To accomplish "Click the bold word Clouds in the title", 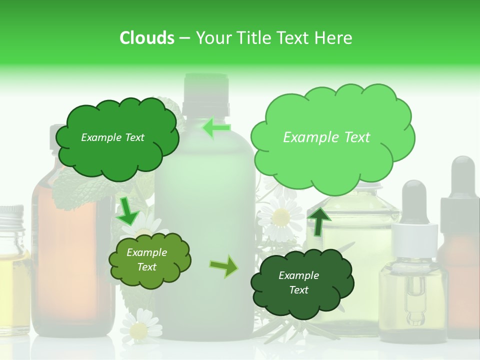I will (x=146, y=38).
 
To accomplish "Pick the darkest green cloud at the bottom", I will (x=301, y=283).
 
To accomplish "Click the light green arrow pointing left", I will (x=216, y=128).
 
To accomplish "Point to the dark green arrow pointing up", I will (x=318, y=220).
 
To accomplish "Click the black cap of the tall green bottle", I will (x=205, y=93).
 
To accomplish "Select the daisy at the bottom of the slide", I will (x=138, y=329).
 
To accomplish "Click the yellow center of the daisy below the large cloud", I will (x=281, y=217).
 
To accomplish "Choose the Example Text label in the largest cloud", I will (x=326, y=137).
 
